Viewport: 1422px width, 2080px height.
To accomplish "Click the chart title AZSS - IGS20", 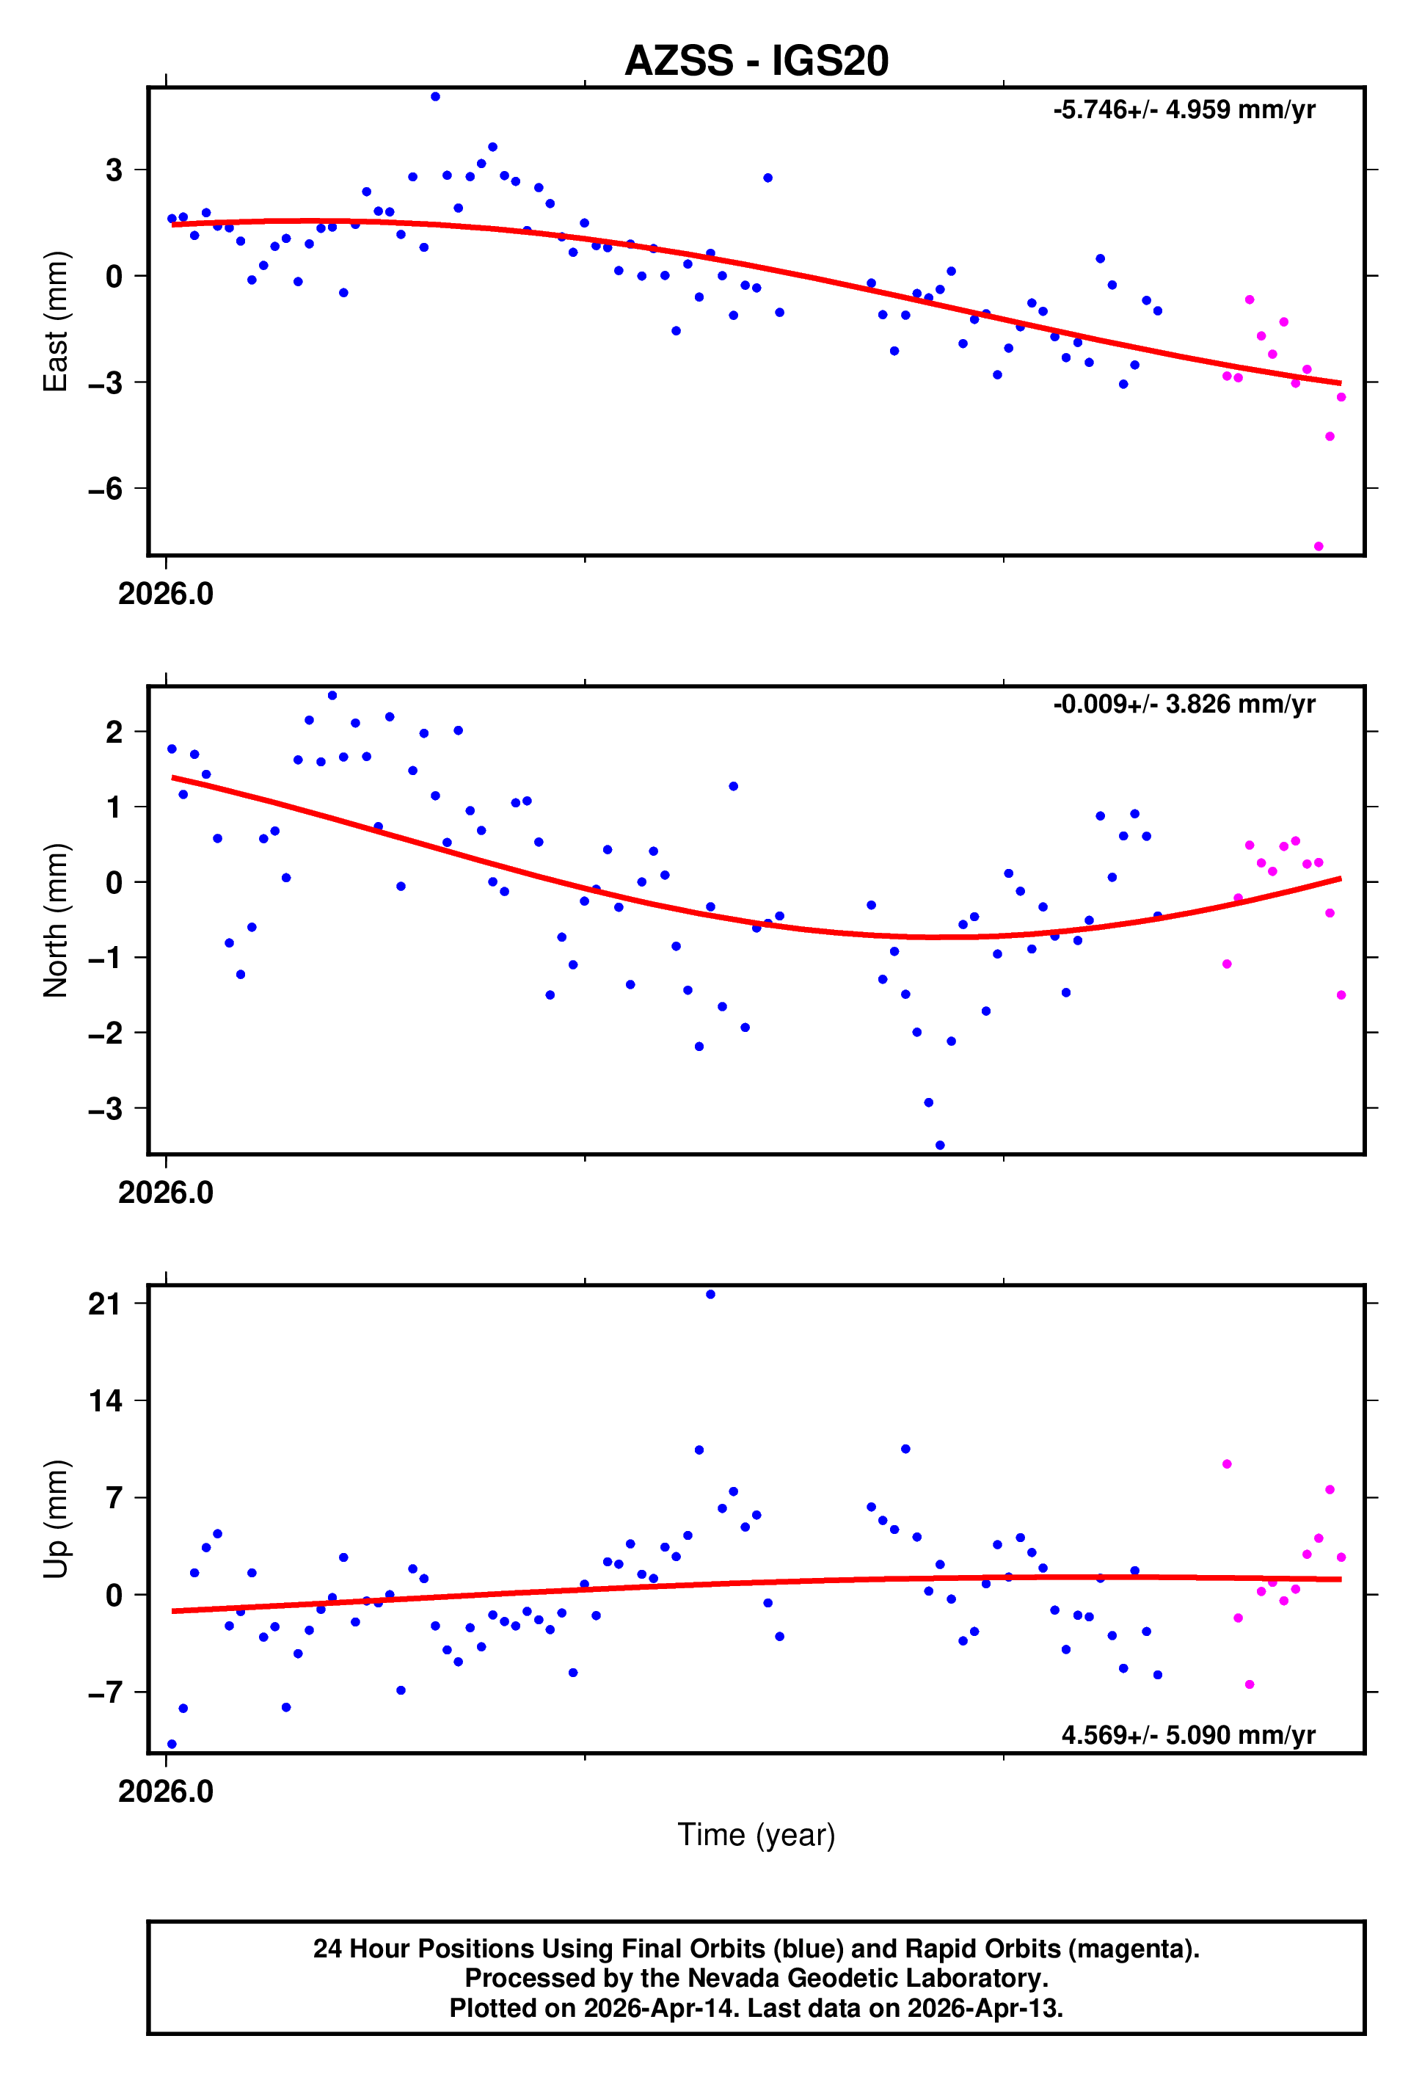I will tap(756, 61).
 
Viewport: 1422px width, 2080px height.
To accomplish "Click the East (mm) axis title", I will tap(56, 321).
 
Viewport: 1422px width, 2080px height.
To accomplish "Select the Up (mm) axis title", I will tap(56, 1519).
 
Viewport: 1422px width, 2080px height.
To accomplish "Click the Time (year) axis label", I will tap(756, 1835).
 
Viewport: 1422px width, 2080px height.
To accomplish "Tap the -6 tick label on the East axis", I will tap(106, 489).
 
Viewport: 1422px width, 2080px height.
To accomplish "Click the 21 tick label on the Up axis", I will tap(106, 1304).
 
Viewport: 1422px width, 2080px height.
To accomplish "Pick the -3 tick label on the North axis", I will tap(106, 1109).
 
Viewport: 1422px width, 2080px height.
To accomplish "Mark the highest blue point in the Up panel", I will tap(710, 1294).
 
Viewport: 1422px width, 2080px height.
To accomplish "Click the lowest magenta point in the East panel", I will tap(1319, 546).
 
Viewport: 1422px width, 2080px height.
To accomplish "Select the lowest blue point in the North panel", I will tap(940, 1146).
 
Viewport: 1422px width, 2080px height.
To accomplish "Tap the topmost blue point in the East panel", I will tap(435, 97).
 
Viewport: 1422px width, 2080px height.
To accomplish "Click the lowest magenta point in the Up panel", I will tap(1250, 1684).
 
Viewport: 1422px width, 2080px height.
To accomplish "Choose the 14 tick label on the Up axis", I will tap(106, 1400).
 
